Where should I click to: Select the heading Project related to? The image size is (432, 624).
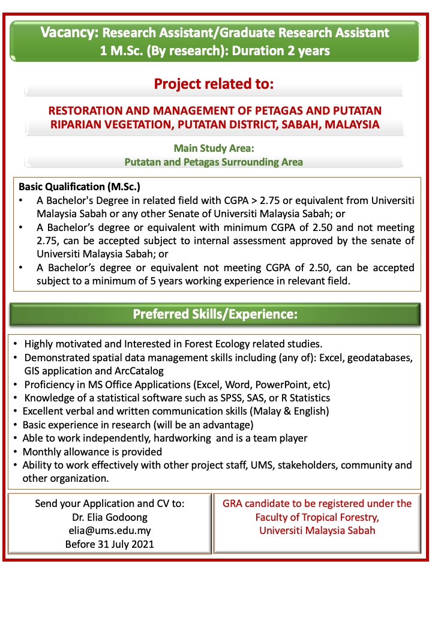[214, 83]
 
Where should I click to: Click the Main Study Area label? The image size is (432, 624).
[214, 148]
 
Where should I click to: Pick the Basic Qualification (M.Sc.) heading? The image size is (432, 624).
[79, 187]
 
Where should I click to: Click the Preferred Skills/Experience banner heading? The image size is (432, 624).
[215, 314]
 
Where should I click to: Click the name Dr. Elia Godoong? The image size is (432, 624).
[109, 517]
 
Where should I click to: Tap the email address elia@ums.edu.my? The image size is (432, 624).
[109, 530]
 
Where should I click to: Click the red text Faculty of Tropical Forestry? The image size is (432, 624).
[317, 517]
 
